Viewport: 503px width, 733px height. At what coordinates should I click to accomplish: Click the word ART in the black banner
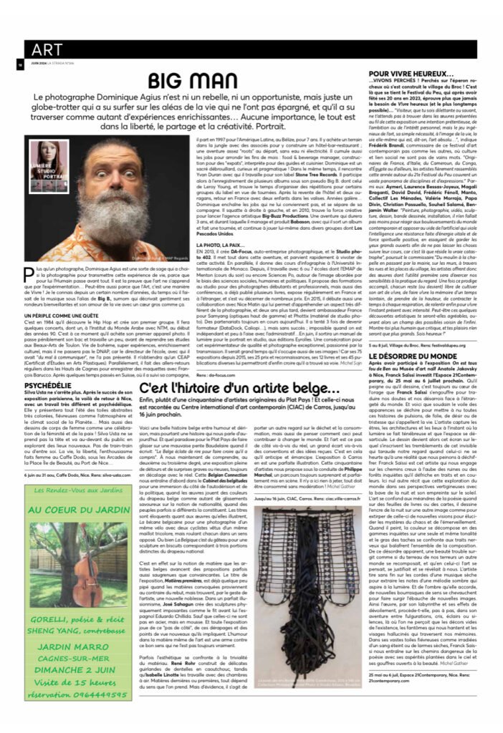47,49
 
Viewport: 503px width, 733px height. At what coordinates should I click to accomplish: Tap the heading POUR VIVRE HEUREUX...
411,73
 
